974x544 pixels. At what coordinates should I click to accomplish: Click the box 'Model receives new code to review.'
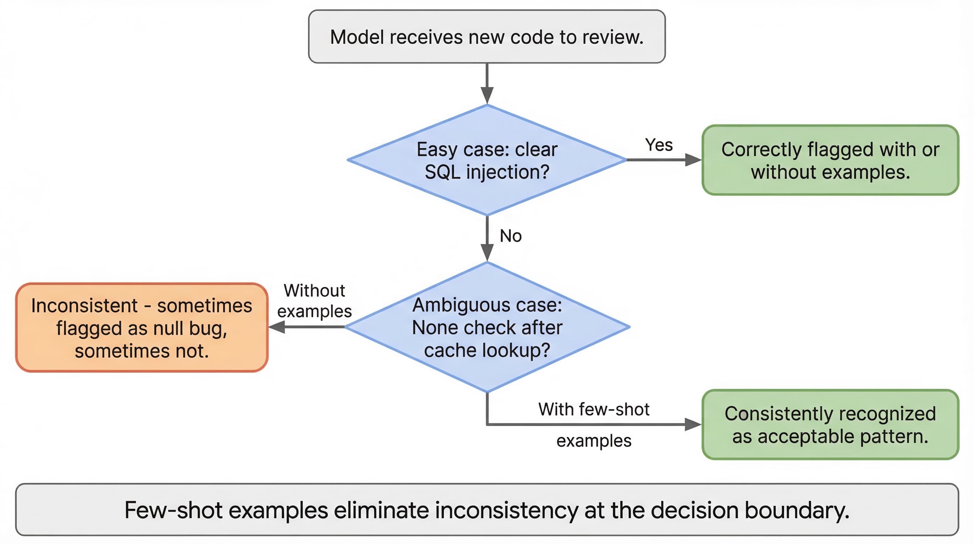487,36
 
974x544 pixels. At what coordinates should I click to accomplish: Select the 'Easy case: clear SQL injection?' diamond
487,160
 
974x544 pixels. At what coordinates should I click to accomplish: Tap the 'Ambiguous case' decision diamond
487,327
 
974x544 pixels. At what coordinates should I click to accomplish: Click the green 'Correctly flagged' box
830,160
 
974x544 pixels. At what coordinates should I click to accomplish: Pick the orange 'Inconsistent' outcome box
142,328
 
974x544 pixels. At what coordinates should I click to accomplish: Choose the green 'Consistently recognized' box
830,424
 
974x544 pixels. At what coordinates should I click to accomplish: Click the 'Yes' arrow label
659,145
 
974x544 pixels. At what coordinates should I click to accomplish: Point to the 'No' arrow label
510,236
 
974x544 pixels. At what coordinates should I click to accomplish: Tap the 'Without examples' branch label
315,301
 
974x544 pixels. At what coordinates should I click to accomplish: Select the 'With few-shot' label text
594,409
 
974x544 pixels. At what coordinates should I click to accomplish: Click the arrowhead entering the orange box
276,327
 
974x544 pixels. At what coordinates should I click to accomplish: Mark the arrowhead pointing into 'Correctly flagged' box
693,160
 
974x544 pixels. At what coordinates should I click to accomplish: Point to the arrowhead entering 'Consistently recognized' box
693,424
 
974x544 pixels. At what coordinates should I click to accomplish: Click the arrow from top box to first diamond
487,84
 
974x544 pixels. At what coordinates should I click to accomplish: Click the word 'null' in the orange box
168,328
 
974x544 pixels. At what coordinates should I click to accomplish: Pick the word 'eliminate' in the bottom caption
381,510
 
